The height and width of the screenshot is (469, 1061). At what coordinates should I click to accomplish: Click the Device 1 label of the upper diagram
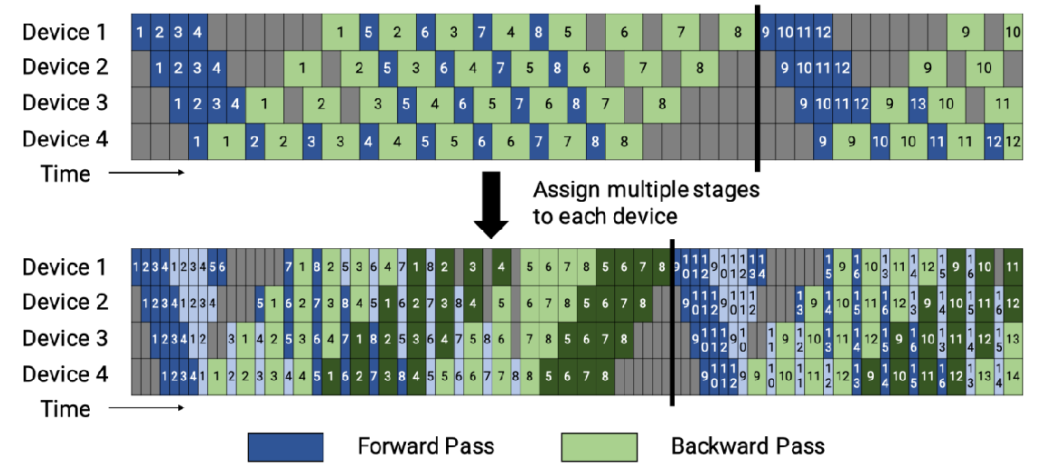point(64,33)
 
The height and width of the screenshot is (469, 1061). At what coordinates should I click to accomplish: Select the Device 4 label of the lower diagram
point(64,374)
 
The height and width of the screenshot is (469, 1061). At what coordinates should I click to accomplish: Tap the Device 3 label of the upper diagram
point(64,104)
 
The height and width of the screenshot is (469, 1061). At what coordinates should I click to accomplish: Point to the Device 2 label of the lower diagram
point(64,303)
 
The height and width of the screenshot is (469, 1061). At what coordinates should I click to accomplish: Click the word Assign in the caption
point(560,191)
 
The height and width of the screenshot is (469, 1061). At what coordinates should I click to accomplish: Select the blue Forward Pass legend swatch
point(285,446)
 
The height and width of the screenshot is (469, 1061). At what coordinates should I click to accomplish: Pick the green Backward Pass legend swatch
point(599,446)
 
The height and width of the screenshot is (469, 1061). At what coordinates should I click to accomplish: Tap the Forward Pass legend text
point(426,446)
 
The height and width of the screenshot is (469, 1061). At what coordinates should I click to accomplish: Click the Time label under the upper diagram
point(66,174)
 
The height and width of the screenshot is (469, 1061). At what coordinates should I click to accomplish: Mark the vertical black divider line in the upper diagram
point(757,86)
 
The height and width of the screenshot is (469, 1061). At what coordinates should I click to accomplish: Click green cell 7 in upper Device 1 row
point(679,33)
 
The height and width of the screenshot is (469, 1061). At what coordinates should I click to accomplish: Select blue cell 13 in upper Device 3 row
point(917,104)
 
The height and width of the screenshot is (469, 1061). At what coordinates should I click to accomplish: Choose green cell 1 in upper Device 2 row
point(302,68)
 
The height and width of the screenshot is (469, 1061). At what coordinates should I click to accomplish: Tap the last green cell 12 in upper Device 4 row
point(1013,141)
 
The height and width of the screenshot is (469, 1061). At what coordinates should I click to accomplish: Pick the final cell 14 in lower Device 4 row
point(1013,374)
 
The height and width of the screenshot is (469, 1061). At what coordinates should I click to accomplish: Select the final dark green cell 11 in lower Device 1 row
point(1013,267)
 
